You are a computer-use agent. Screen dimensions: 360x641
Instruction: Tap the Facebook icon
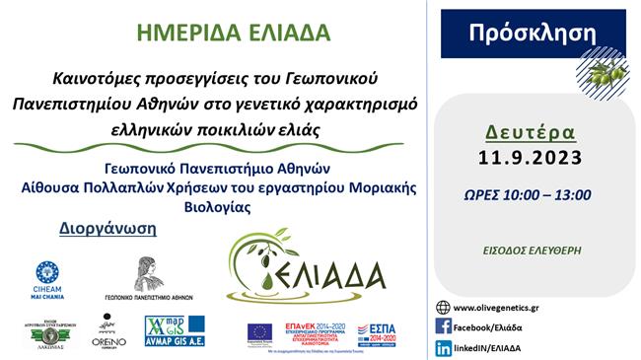tap(444, 326)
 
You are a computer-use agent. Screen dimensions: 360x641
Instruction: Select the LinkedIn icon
tap(444, 347)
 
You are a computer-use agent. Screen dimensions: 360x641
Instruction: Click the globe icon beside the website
tap(444, 307)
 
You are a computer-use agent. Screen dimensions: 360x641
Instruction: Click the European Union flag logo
tap(260, 332)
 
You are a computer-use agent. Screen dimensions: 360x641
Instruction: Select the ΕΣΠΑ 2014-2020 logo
tap(376, 332)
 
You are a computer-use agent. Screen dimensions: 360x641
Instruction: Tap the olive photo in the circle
tap(603, 72)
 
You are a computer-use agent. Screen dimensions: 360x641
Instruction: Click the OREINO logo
tap(107, 332)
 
